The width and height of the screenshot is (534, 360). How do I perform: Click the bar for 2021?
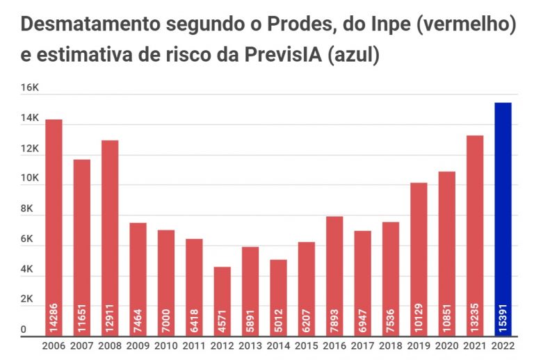[475, 229]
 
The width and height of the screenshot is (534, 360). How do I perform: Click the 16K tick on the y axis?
[30, 88]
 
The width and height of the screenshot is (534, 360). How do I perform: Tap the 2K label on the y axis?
[28, 299]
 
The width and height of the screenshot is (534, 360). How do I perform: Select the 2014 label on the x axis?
[278, 346]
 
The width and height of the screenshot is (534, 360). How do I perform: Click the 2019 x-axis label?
[419, 346]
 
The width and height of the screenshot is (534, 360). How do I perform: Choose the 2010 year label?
[166, 346]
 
